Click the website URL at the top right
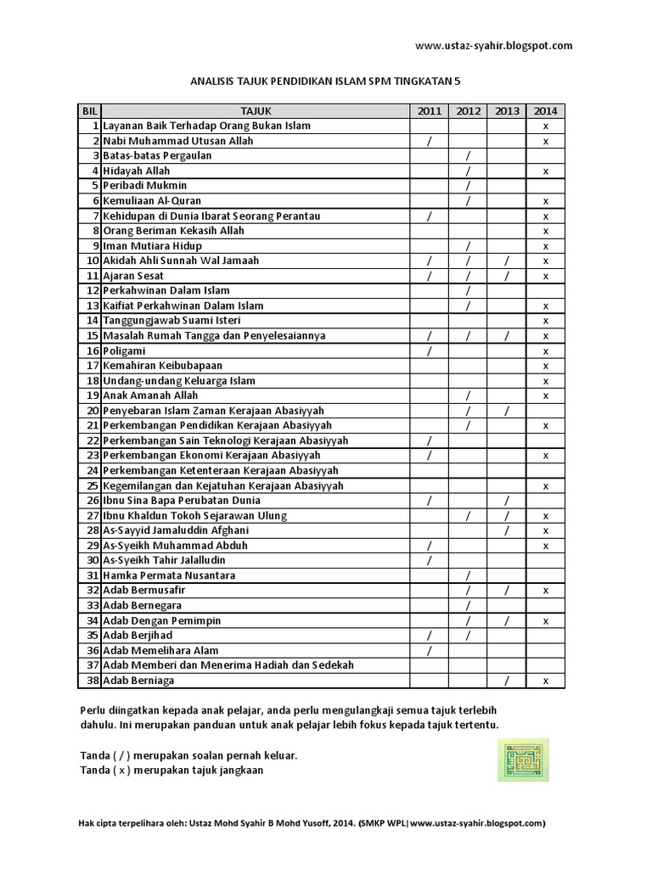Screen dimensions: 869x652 click(494, 46)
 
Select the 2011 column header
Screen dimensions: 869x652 click(430, 110)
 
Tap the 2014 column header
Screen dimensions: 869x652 click(546, 110)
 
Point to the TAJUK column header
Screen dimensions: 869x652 click(256, 110)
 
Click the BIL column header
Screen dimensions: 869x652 click(89, 110)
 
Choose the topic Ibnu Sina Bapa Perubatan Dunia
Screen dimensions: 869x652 click(179, 501)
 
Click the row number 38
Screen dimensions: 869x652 click(94, 681)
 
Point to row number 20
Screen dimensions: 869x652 click(94, 411)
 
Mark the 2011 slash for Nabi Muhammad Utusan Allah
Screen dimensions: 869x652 click(430, 141)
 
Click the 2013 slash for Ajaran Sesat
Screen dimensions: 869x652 click(507, 276)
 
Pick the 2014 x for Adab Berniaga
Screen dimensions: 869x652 click(546, 681)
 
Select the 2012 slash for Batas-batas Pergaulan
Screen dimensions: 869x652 click(469, 156)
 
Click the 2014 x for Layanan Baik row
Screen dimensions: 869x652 click(546, 126)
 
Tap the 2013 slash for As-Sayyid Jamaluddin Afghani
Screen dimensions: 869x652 click(507, 530)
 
